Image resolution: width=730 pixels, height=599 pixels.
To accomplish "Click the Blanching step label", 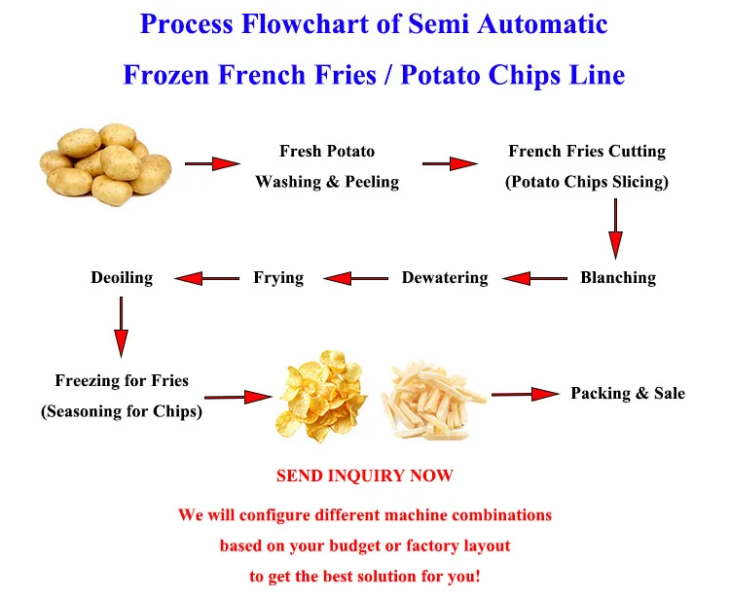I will coord(618,278).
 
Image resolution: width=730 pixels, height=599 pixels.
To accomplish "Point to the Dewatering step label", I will coord(445,278).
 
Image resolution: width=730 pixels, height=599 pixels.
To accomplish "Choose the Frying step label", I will coord(278,278).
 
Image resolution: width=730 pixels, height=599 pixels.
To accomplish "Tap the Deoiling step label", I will coord(122,278).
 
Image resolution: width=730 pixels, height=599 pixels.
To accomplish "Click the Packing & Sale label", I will coord(628,394).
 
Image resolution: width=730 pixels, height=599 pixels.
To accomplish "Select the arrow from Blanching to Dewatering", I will coord(534,279).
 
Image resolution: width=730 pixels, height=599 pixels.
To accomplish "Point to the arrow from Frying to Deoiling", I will coord(206,279).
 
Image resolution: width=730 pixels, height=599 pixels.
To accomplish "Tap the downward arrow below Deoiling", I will coord(122,327).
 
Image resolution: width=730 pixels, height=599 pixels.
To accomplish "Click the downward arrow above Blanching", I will coord(615,229).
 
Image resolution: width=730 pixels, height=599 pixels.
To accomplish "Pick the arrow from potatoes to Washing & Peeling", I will coord(212,163).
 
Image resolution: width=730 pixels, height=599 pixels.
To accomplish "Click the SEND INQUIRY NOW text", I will coord(365,476).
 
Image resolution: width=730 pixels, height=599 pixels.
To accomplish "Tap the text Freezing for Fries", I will coord(122,381).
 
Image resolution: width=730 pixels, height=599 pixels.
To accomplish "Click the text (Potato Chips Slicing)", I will coord(587,182).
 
